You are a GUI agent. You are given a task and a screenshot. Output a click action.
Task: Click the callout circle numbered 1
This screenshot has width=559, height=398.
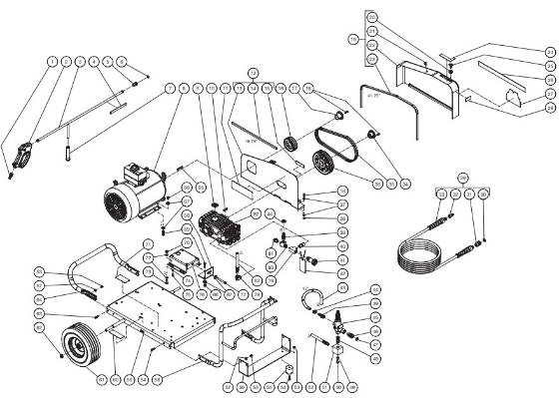click(52, 62)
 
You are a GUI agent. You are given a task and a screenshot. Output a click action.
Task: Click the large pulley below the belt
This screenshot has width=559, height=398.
click(321, 163)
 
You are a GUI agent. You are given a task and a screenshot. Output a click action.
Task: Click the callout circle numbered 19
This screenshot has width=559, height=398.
click(352, 40)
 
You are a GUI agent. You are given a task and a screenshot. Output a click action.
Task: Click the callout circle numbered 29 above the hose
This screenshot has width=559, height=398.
click(462, 179)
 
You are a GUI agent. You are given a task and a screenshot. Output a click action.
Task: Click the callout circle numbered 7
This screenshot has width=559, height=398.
click(171, 89)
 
